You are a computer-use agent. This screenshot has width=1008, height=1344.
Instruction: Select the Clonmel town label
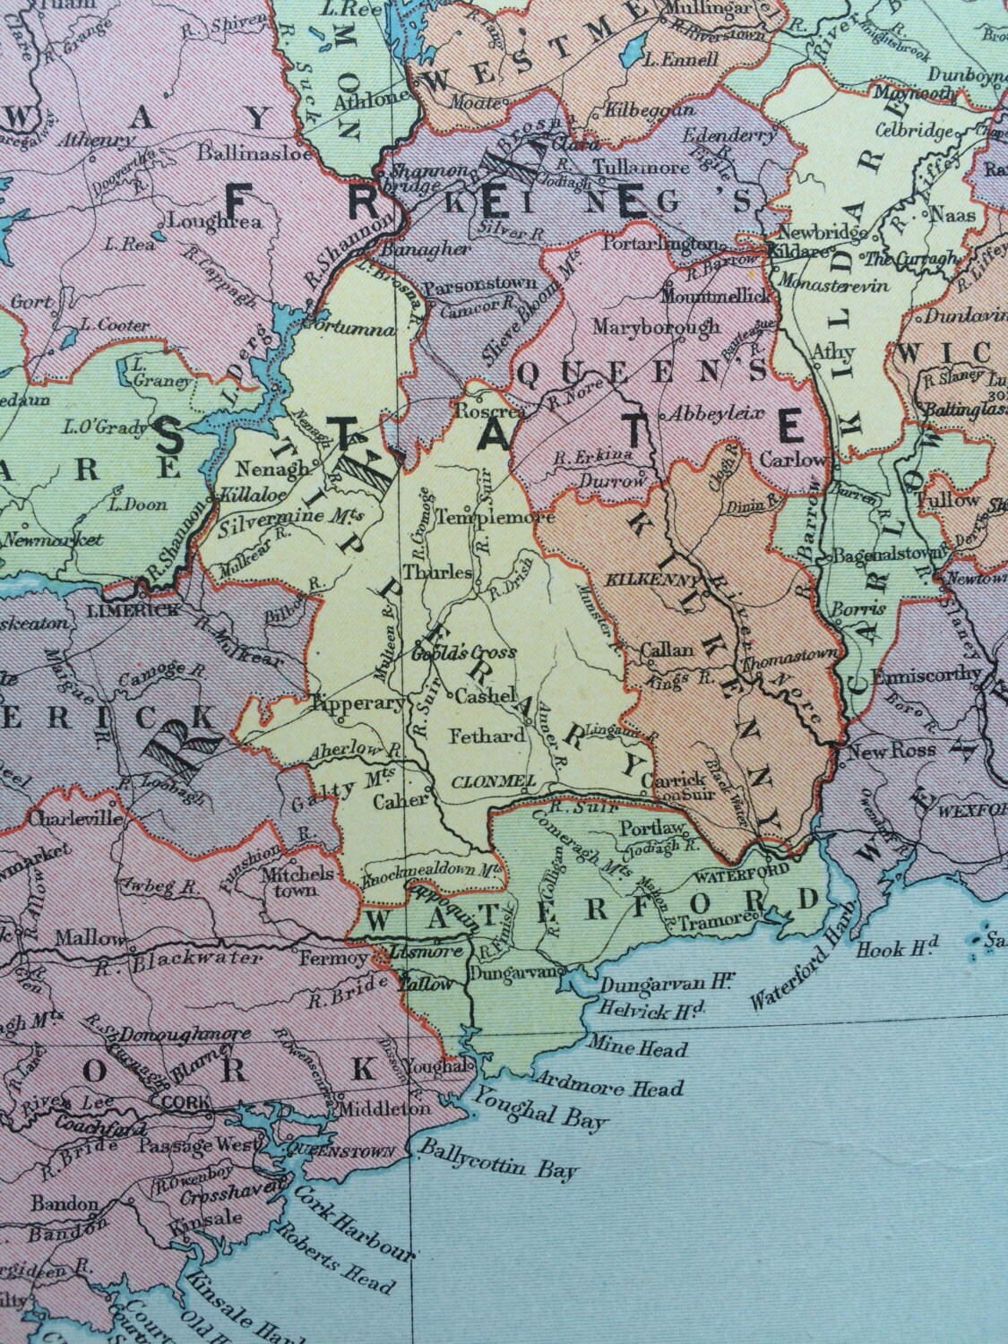click(x=488, y=780)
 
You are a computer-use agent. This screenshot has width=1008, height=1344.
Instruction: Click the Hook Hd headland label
click(x=898, y=946)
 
